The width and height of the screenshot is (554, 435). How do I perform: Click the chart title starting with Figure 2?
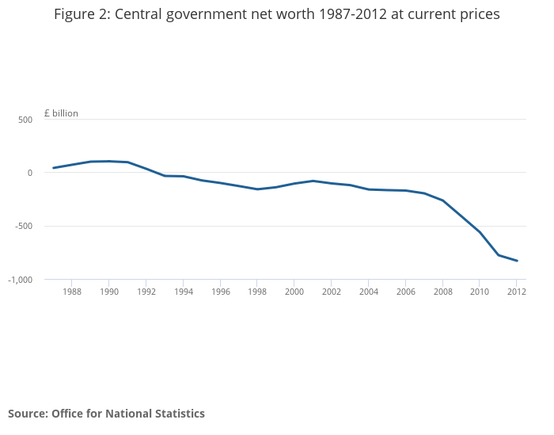276,14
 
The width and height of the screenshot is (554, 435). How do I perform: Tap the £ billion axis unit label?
61,113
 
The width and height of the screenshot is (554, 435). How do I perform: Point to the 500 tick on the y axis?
25,120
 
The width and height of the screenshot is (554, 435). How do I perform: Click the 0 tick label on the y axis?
29,173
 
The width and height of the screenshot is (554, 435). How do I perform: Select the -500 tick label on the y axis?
23,226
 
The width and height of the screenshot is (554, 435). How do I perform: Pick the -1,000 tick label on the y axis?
20,280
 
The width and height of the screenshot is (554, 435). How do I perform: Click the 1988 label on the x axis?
71,292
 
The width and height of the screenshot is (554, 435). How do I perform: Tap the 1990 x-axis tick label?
108,292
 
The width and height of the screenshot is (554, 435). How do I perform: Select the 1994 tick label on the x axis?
183,292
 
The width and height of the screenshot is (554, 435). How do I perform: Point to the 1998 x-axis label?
257,292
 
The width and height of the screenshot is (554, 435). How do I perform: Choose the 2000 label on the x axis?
294,292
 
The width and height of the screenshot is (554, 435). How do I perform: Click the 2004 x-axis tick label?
368,292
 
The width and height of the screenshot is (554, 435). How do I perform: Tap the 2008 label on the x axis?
442,292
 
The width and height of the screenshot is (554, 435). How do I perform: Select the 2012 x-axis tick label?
516,292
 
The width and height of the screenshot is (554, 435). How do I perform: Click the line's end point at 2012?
517,261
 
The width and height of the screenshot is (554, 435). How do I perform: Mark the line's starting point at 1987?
53,168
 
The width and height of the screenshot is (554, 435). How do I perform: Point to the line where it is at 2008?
442,200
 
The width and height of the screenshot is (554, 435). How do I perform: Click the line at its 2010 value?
480,232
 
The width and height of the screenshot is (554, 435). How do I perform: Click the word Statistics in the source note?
176,414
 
